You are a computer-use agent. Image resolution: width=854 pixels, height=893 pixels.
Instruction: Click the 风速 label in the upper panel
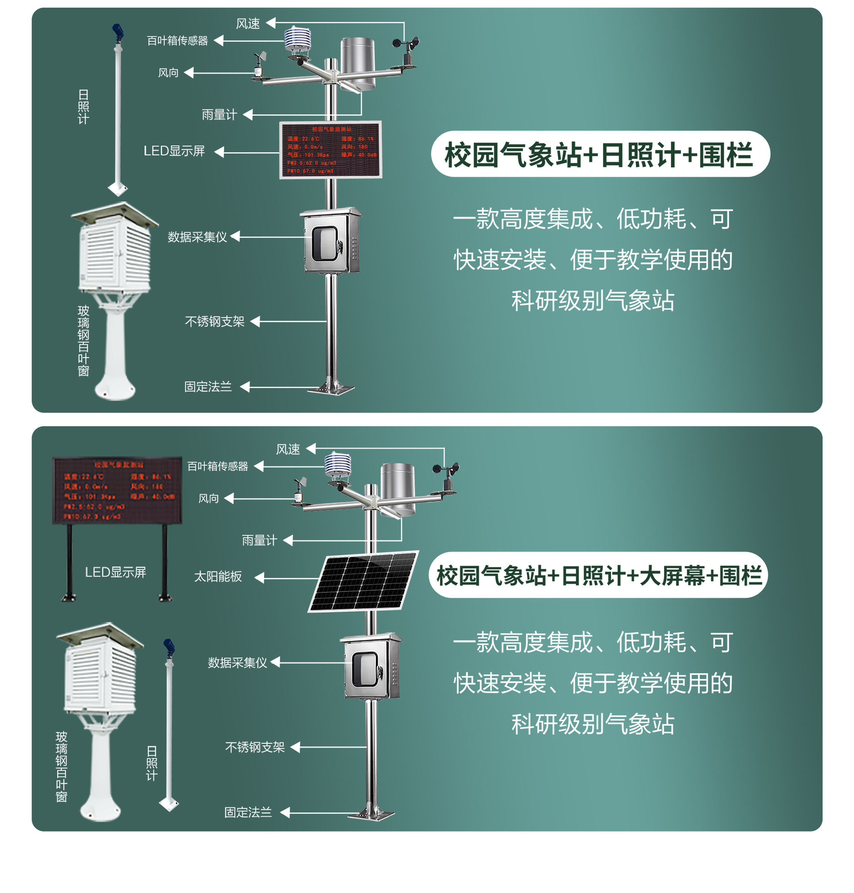tap(247, 24)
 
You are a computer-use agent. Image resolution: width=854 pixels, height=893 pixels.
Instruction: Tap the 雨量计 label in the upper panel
tap(219, 114)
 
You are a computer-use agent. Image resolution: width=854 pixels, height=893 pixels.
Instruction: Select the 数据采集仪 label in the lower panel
tap(237, 662)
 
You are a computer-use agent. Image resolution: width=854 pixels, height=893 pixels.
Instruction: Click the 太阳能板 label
tap(218, 577)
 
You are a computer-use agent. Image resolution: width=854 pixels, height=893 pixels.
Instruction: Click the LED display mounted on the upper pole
tap(330, 150)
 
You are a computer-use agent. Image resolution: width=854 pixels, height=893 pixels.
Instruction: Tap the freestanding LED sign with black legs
tap(117, 491)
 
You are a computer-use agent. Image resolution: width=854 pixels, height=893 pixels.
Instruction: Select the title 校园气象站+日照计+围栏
tap(600, 154)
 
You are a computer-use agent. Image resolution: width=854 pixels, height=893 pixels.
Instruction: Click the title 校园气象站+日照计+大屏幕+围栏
tap(598, 575)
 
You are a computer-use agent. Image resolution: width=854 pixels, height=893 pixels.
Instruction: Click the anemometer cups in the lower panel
tap(446, 469)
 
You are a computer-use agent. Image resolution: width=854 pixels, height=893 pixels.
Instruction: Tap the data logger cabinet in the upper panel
tap(331, 240)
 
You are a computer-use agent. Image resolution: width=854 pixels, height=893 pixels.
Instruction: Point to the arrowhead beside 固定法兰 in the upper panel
tap(245, 387)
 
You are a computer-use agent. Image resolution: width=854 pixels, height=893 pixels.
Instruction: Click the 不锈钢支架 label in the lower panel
tap(254, 747)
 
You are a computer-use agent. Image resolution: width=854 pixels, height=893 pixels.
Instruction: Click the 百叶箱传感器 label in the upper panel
tap(177, 41)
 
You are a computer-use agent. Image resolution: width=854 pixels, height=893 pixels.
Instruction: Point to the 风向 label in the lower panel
tap(208, 499)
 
